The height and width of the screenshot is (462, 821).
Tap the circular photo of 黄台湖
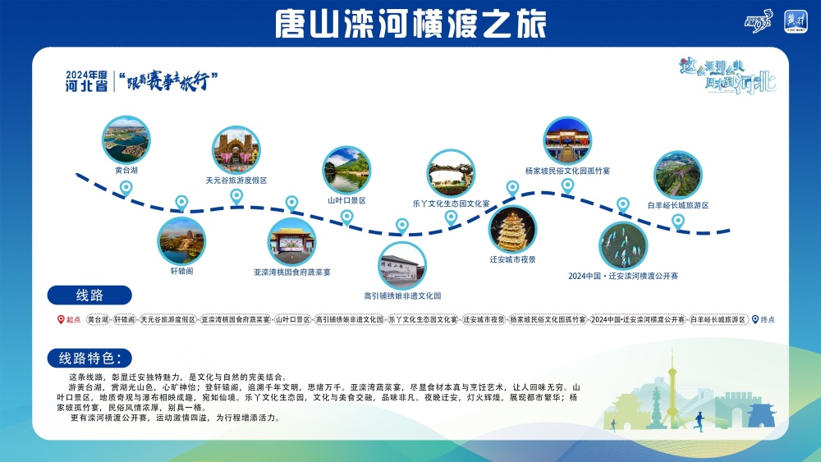[126, 139]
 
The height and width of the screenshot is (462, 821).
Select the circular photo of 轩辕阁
[181, 240]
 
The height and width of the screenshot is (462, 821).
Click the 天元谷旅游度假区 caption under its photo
[236, 180]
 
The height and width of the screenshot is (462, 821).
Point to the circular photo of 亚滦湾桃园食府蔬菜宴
[291, 240]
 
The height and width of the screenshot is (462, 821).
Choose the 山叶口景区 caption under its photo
[346, 199]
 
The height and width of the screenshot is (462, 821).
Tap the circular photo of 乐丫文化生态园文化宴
[451, 173]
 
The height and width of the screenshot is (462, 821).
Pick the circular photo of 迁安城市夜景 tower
[512, 229]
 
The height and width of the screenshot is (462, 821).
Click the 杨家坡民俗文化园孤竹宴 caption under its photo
[567, 171]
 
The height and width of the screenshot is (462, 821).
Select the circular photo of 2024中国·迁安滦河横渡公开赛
[623, 245]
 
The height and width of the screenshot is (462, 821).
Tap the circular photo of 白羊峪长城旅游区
[677, 175]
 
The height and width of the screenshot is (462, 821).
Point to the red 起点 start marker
[69, 320]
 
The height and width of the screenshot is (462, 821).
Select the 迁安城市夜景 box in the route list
[483, 320]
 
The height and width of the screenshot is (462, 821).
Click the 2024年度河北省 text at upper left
[87, 80]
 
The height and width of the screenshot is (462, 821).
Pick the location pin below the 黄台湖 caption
[126, 188]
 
